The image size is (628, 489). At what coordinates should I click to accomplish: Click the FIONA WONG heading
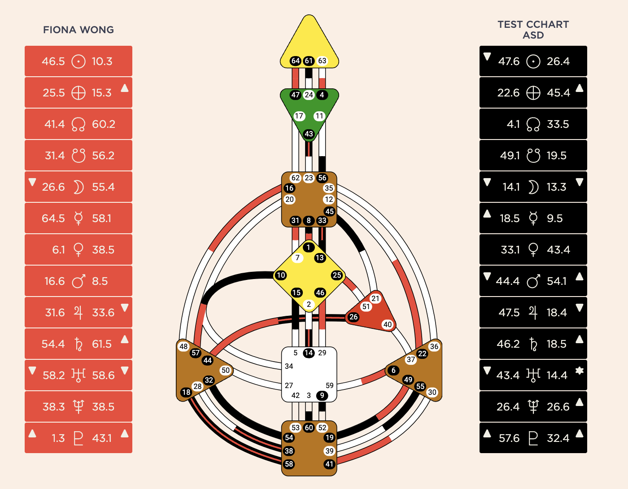78,30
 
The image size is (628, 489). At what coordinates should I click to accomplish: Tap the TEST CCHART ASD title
533,30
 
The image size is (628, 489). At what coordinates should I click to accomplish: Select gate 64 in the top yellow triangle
295,61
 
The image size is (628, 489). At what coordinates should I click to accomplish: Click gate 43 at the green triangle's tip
309,134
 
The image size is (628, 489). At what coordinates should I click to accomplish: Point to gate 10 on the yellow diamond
281,275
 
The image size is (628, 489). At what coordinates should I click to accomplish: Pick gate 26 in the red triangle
353,317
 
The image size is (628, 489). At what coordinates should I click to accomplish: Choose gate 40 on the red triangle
388,324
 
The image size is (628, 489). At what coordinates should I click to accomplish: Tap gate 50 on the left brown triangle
225,370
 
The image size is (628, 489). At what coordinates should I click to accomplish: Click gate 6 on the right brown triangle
393,370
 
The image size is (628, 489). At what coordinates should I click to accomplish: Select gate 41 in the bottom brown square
329,464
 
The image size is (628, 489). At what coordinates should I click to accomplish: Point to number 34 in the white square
289,366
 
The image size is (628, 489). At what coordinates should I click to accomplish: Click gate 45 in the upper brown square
329,211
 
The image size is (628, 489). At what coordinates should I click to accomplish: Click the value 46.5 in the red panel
53,61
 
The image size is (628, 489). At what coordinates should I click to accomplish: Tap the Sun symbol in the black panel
533,61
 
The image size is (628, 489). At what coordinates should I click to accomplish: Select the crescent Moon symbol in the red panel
78,187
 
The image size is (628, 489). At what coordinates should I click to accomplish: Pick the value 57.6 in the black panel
509,438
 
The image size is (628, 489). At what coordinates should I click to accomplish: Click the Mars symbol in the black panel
533,281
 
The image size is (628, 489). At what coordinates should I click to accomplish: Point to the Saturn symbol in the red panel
78,344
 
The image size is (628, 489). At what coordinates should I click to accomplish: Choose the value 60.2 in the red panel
104,124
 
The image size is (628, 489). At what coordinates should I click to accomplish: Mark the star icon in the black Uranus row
579,371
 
